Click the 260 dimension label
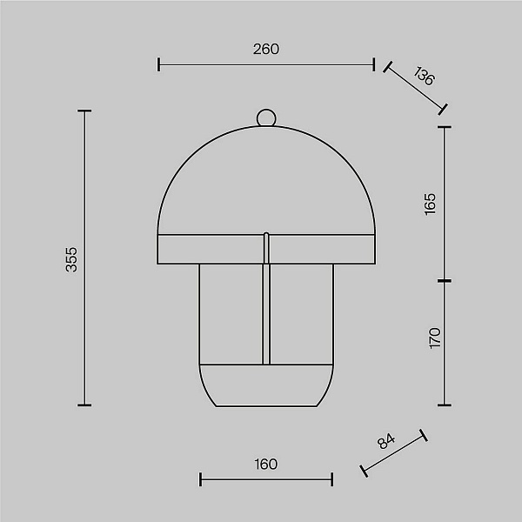tap(266, 50)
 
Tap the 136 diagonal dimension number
tap(425, 76)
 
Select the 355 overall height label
tap(71, 259)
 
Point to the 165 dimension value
tap(430, 204)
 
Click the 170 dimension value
tap(435, 338)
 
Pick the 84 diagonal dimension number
tap(386, 441)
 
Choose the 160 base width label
tap(265, 464)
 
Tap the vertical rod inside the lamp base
tap(266, 314)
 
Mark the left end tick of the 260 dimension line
tap(159, 64)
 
